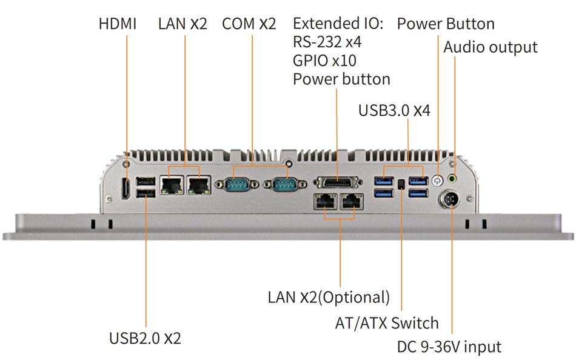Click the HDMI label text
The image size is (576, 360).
[118, 24]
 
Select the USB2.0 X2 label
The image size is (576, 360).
[145, 338]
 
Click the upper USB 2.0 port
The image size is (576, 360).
[146, 181]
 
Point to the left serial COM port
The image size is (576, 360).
[237, 184]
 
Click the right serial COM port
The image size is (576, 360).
[285, 184]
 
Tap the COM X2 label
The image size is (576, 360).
[249, 24]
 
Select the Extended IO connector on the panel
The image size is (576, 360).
[338, 182]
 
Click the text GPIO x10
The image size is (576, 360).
[324, 61]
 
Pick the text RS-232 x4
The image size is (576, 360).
[327, 42]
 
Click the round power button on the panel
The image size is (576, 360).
[437, 181]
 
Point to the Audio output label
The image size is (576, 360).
[491, 47]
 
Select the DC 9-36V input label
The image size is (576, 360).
[449, 347]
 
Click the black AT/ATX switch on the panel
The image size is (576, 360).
[401, 184]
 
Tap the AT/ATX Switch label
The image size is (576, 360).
[387, 323]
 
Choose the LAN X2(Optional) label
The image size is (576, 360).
[329, 297]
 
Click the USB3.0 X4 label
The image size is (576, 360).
[394, 110]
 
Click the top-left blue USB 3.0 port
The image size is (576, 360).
[384, 181]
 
